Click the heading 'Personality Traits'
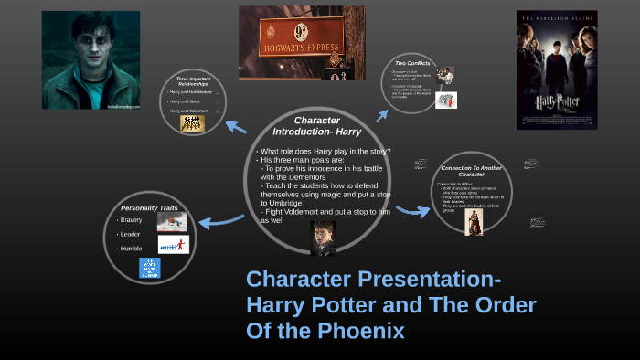146,207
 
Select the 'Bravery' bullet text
131,220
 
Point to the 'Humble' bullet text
131,248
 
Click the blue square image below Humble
149,268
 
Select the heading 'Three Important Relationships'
194,84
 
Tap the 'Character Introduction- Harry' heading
317,125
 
